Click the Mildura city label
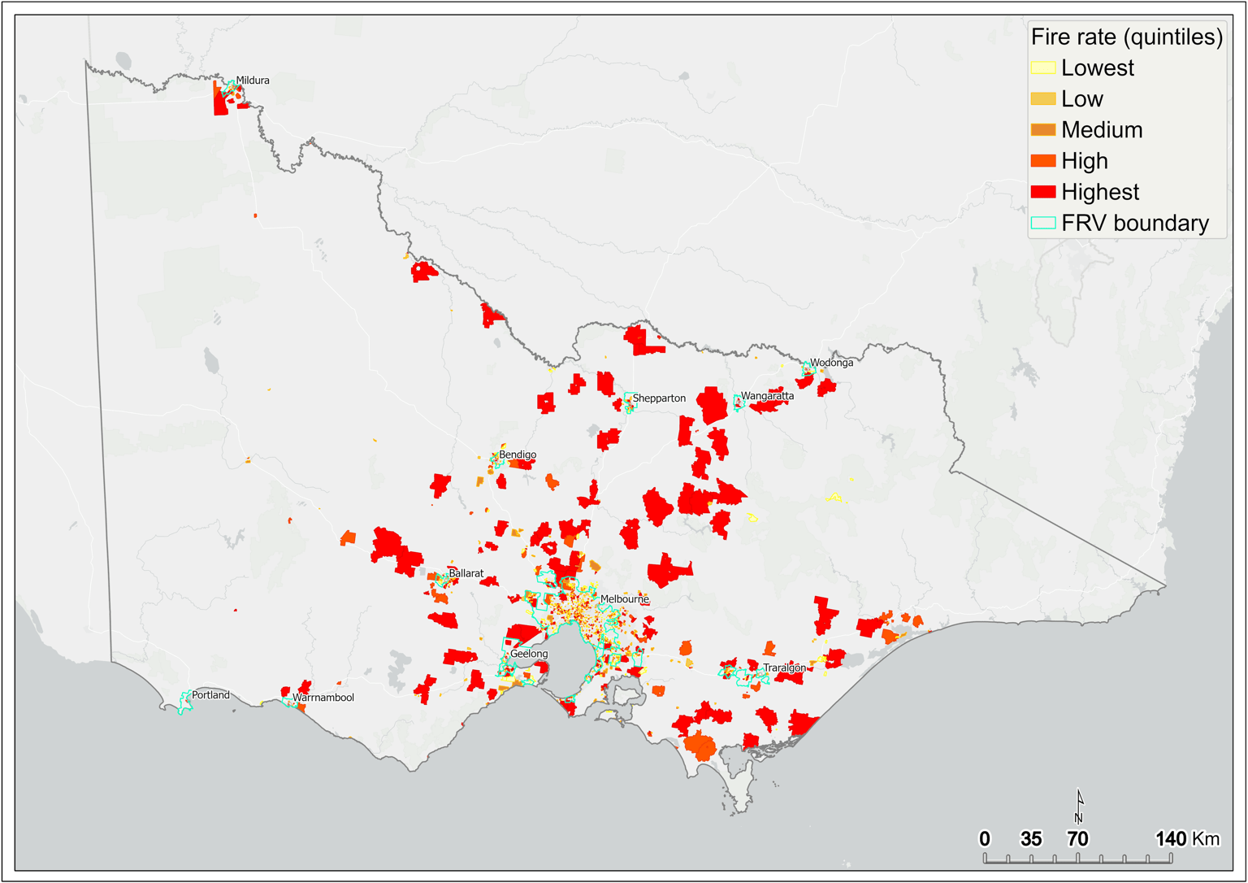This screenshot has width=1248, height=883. pos(252,80)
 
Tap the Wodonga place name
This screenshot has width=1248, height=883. pos(831,363)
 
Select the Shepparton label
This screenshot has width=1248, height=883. pos(659,398)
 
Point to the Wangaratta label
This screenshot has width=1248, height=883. pos(767,397)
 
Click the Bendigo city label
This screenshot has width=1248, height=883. pos(518,455)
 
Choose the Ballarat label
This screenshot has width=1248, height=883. pos(466,573)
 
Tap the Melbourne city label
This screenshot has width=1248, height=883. pos(624,599)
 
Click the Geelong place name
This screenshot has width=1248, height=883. pos(529,654)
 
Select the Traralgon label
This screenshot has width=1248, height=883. pos(784,668)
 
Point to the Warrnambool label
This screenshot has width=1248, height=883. pos(323,698)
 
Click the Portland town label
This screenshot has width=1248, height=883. pos(210,695)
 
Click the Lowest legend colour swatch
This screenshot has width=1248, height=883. pos(1043,68)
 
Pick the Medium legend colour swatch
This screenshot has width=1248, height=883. pos(1043,130)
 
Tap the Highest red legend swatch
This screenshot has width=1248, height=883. pos(1043,192)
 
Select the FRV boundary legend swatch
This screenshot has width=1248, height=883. pos(1043,223)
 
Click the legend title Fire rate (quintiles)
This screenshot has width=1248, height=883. pos(1126,37)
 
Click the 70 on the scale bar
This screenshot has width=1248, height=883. pos(1077,838)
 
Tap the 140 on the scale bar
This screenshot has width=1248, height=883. pos(1170,838)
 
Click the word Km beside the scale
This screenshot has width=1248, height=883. pos(1206,838)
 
